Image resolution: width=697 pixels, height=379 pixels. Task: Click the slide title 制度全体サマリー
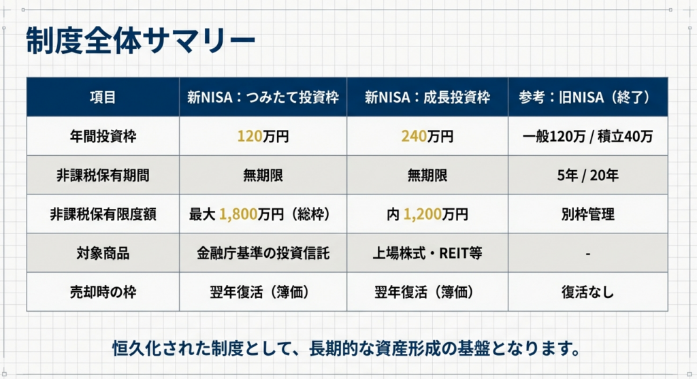[140, 41]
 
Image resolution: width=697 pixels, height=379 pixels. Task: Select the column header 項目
[103, 97]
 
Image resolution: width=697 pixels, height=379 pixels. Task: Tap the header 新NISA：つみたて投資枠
[263, 97]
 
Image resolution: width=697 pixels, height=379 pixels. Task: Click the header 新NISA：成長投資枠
[427, 97]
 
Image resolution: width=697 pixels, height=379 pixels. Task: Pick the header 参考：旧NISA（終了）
[587, 97]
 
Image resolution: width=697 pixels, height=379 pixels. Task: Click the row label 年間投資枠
[103, 136]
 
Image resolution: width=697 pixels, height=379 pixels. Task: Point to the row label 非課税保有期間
[103, 176]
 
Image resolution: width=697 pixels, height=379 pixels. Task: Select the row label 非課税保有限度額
[103, 214]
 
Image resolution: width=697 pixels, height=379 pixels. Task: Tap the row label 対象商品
[103, 253]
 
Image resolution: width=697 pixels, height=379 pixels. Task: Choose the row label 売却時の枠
[103, 293]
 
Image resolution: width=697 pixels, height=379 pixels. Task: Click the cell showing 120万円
[263, 136]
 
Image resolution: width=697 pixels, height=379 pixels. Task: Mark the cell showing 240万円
[427, 136]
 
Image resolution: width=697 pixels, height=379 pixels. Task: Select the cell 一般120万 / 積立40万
[587, 136]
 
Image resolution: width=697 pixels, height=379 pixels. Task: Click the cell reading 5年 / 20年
[587, 176]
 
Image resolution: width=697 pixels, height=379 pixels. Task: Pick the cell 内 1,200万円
[427, 214]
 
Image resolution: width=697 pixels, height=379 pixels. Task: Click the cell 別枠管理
[587, 214]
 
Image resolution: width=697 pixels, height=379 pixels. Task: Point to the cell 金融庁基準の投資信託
[263, 253]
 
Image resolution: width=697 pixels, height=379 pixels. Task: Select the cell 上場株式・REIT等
[427, 253]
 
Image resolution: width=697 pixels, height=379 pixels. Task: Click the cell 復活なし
[587, 293]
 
